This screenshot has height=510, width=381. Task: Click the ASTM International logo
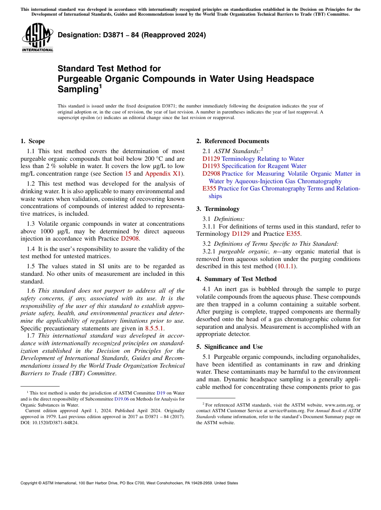[37, 38]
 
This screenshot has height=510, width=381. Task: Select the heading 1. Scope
[32, 141]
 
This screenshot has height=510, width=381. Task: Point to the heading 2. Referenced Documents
[233, 141]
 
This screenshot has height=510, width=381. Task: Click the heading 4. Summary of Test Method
[236, 279]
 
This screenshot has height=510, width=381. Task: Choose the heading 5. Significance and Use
[229, 347]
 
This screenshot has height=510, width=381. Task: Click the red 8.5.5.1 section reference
[154, 328]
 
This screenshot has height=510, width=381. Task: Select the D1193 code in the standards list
[211, 166]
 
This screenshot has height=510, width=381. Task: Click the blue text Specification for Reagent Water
[264, 166]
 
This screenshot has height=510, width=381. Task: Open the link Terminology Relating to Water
[263, 159]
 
